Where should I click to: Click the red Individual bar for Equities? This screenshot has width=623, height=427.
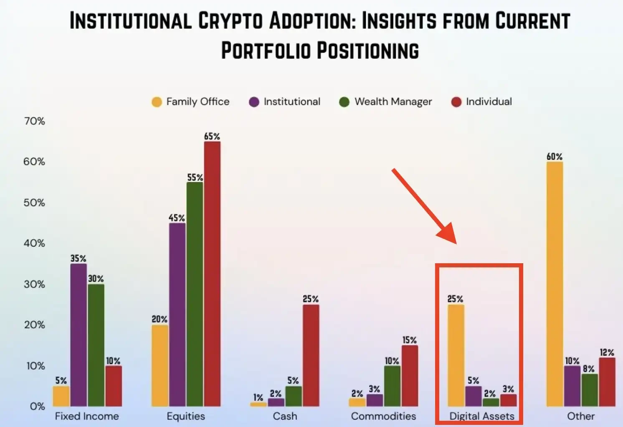(212, 274)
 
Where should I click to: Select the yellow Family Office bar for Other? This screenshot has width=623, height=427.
(555, 284)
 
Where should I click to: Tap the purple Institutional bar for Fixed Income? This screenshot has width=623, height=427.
(79, 335)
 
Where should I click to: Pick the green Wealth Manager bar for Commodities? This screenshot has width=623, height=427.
(392, 386)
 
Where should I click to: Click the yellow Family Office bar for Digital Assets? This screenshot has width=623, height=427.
(456, 355)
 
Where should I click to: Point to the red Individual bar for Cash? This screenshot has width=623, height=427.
(311, 355)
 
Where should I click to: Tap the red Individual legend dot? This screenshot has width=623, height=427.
(456, 102)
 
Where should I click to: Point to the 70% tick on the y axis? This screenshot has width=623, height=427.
(35, 121)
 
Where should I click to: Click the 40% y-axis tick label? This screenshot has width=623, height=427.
(35, 243)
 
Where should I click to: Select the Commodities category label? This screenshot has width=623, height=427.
(383, 416)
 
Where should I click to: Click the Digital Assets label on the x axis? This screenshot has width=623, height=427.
(482, 416)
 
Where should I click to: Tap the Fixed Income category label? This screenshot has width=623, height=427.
(87, 416)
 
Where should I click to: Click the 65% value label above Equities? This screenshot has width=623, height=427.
(212, 137)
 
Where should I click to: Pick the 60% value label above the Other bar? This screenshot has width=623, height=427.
(555, 157)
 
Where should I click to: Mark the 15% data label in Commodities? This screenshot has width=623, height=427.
(410, 340)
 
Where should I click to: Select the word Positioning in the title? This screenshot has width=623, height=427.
(367, 51)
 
